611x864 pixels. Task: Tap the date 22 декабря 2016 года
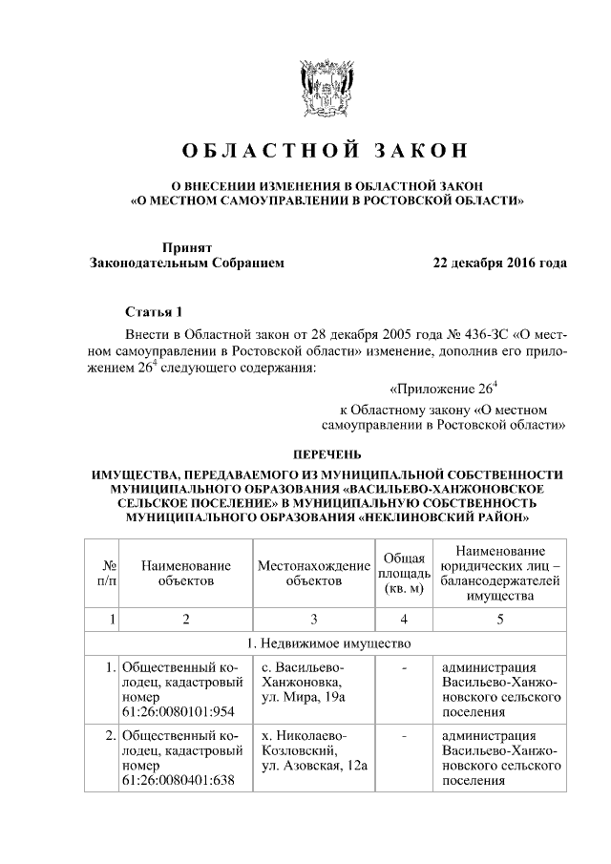[x=499, y=263]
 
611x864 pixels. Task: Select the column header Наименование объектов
[x=186, y=572]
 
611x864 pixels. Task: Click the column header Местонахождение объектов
[x=314, y=572]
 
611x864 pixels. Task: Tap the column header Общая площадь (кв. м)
[x=404, y=572]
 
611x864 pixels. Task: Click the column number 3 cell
[x=314, y=619]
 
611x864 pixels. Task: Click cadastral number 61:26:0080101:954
[x=179, y=711]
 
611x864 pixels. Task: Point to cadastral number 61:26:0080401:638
[x=179, y=781]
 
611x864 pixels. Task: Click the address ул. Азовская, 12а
[x=314, y=767]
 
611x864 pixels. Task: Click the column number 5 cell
[x=498, y=619]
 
